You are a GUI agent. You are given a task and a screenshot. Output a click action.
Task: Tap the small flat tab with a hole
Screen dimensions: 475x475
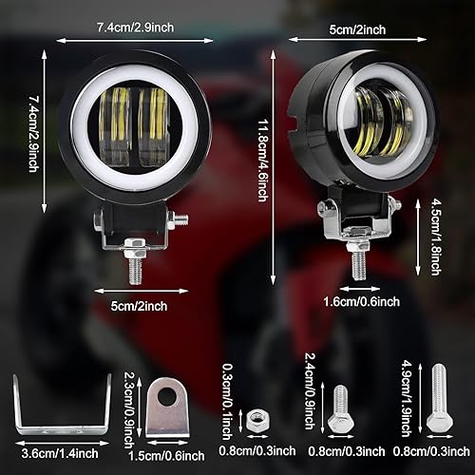click(169, 406)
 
